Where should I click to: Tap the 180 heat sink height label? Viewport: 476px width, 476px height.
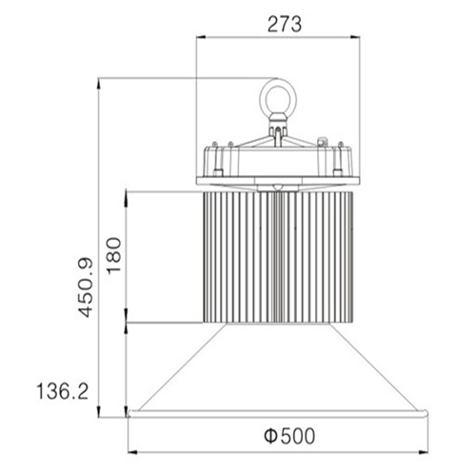pos(114,256)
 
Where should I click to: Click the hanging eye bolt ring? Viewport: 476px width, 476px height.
pos(277,96)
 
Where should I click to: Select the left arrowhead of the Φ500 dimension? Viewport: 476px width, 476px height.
pos(134,450)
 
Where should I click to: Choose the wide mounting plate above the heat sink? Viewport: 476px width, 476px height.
pos(280,180)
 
